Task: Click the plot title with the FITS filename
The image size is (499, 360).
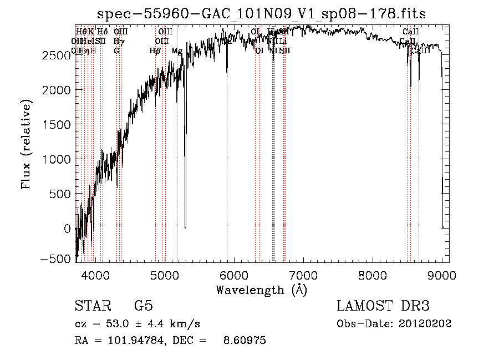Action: pyautogui.click(x=262, y=13)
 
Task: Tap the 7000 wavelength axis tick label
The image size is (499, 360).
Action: pyautogui.click(x=303, y=275)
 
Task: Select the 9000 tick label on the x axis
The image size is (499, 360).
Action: pyautogui.click(x=442, y=275)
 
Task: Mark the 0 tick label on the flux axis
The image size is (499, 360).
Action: pyautogui.click(x=68, y=229)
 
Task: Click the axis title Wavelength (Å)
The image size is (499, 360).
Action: pyautogui.click(x=261, y=290)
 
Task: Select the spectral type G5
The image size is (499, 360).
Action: pyautogui.click(x=143, y=307)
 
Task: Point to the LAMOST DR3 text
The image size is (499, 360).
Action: pyautogui.click(x=383, y=306)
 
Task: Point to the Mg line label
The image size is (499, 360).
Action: pyautogui.click(x=177, y=51)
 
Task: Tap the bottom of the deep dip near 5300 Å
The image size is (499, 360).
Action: pyautogui.click(x=185, y=226)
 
